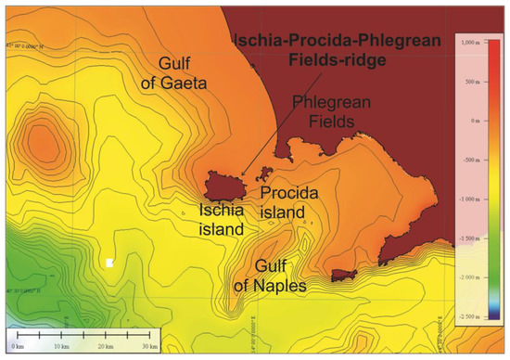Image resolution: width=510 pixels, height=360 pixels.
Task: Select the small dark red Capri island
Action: tap(343, 275)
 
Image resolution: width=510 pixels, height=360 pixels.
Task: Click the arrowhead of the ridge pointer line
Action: tap(242, 174)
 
